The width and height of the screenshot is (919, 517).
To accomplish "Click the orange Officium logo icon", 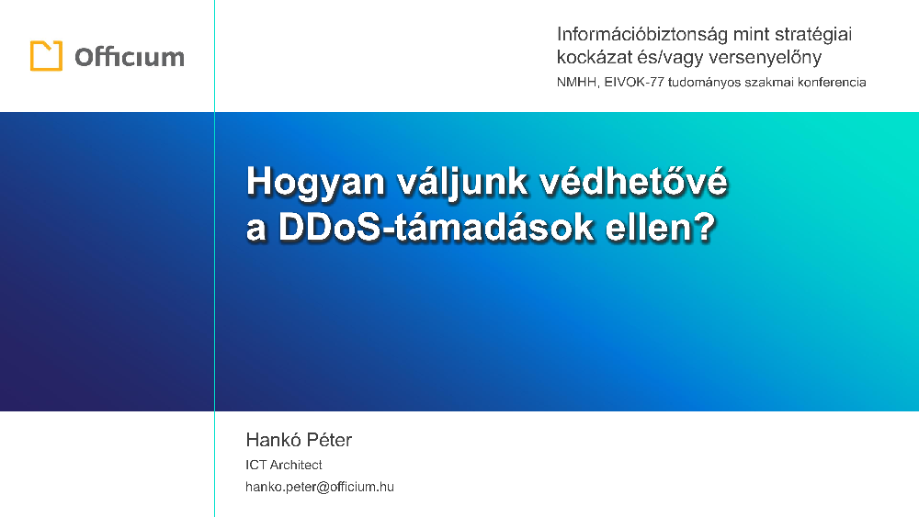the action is [x=46, y=56].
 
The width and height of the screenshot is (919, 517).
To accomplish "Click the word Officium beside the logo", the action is [x=130, y=57].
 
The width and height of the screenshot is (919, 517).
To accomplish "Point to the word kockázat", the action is [x=595, y=57].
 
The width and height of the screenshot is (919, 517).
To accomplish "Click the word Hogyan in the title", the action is [x=315, y=182].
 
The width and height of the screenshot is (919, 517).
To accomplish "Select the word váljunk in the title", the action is [x=462, y=182].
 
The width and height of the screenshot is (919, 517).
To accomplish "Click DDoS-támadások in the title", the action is [x=436, y=227].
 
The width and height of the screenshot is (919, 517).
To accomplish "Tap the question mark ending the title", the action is [x=707, y=227].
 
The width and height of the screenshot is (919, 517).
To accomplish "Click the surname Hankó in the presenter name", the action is [x=271, y=440].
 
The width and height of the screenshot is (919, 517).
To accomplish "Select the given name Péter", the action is [x=329, y=440].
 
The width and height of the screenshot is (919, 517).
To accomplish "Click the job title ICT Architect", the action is [x=284, y=465].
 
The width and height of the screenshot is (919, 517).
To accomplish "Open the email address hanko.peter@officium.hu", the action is [x=320, y=487].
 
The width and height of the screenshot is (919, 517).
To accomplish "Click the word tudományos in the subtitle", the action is [x=704, y=83].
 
